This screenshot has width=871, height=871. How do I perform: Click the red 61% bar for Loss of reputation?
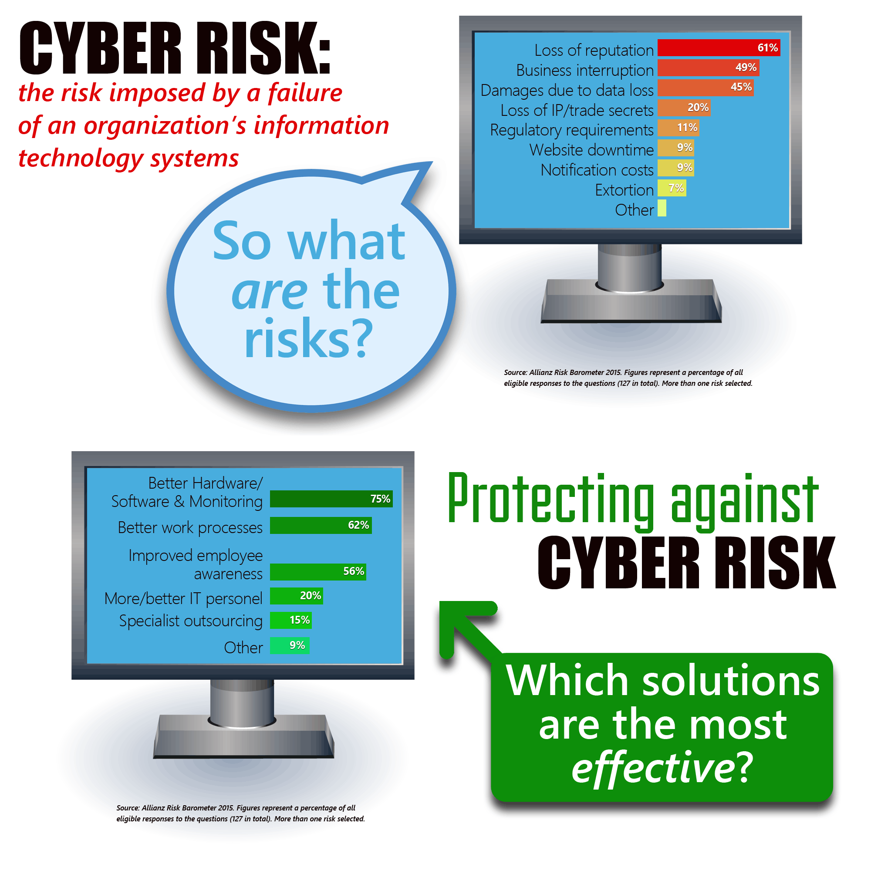(x=719, y=48)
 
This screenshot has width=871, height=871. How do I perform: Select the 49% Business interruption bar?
(x=708, y=68)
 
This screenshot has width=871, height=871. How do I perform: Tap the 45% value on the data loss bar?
(x=741, y=87)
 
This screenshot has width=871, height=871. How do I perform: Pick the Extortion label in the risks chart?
(x=624, y=190)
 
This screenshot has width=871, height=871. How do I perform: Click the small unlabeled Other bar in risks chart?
(x=662, y=208)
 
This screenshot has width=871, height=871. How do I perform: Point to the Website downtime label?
(x=591, y=150)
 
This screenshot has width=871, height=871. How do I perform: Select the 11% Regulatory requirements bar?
(x=679, y=128)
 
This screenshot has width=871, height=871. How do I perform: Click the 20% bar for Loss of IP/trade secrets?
(x=684, y=108)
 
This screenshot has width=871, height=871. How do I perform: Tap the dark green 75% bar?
(x=331, y=499)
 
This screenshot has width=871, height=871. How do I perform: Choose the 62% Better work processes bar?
(x=321, y=525)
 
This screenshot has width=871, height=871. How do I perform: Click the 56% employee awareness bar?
(x=318, y=572)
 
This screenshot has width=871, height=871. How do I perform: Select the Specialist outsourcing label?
(x=191, y=621)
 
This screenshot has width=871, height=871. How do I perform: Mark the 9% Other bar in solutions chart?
(x=290, y=645)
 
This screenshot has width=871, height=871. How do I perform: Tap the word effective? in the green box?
(x=662, y=767)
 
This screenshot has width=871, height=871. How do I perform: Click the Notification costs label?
(x=597, y=170)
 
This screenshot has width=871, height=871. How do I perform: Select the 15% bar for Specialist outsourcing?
(x=291, y=620)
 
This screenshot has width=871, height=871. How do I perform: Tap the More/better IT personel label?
(x=183, y=598)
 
